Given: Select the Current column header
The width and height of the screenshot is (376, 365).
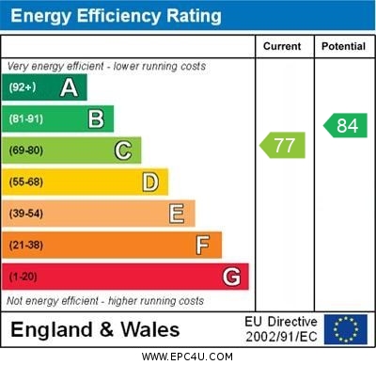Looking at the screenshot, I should coord(282,46).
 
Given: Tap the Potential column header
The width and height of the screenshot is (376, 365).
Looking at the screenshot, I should coord(342,46).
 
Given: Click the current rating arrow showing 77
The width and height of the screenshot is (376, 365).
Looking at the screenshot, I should coord(281,145).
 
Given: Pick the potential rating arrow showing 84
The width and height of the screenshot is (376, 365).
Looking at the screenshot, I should coord(345,125).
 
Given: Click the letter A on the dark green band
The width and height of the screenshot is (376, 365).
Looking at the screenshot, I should coord(69,87).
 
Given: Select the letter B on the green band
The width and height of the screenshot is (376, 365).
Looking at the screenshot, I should coord(96,119).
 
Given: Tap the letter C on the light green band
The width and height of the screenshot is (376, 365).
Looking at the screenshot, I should coord(123,151).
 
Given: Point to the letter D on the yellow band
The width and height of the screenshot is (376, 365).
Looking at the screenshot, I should coord(150,182).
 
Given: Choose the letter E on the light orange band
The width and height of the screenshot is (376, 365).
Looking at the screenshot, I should coord(177,214).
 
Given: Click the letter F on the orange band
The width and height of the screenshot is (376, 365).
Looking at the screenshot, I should coord(203,246).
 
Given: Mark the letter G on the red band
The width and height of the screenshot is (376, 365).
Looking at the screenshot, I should coord(231,277).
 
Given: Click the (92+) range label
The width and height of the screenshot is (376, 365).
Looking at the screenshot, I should coord(23,87).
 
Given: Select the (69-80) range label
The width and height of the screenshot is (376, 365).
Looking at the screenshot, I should coord(26,151).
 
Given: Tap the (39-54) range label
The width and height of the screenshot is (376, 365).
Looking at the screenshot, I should coord(26,214).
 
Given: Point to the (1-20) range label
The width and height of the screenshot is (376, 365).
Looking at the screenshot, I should coord(23,277).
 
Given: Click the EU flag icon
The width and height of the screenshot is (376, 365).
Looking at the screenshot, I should coord(345,328).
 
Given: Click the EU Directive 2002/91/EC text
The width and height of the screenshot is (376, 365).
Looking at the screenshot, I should coord(281,328).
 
